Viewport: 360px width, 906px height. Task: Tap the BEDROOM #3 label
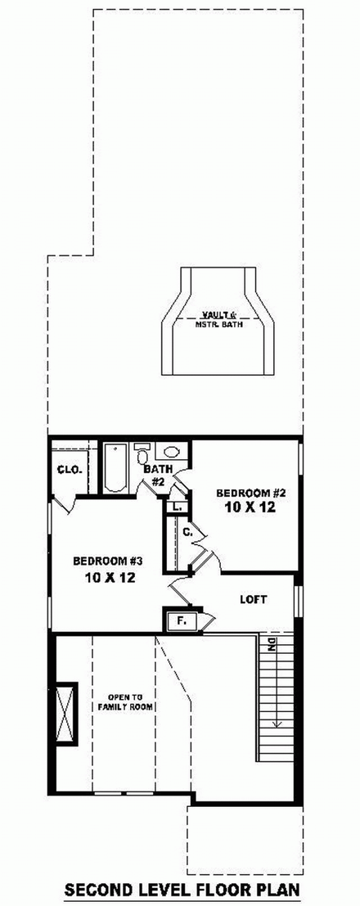click(x=108, y=561)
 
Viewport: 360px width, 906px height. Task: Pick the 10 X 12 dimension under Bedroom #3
click(x=108, y=577)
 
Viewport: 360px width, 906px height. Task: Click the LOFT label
click(x=253, y=600)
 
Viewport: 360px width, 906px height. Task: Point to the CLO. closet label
click(x=67, y=470)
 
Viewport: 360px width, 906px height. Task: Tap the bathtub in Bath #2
click(x=114, y=469)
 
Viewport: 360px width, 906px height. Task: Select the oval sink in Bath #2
click(x=172, y=452)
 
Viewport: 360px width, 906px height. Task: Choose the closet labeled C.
click(x=187, y=533)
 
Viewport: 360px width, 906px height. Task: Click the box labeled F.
click(x=182, y=622)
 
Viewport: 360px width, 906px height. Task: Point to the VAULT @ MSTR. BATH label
click(x=214, y=318)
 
